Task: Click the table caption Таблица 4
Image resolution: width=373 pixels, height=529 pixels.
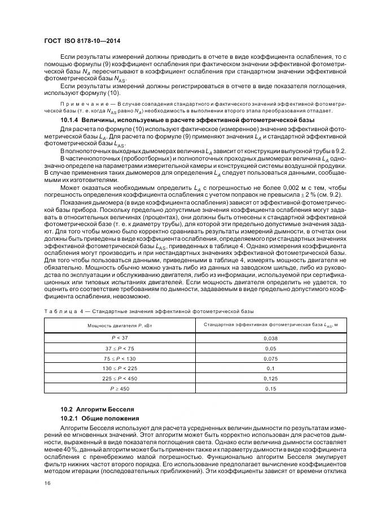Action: pos(63,311)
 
